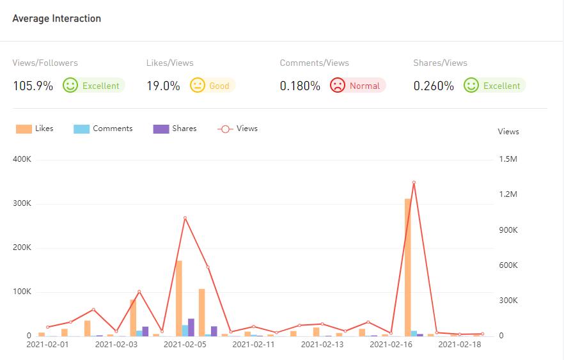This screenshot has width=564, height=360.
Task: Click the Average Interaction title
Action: pyautogui.click(x=56, y=19)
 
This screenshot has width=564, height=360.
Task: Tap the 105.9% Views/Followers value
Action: pyautogui.click(x=33, y=86)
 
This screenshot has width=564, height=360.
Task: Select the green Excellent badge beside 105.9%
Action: pyautogui.click(x=93, y=85)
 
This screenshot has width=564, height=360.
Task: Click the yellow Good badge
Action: pyautogui.click(x=212, y=85)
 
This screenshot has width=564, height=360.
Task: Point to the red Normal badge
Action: pyautogui.click(x=357, y=85)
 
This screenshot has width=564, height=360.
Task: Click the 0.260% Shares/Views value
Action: pyautogui.click(x=434, y=86)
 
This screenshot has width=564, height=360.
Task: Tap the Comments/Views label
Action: pyautogui.click(x=315, y=63)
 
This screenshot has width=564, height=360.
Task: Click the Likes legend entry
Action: pyautogui.click(x=35, y=129)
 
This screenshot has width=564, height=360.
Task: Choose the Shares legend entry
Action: pyautogui.click(x=175, y=129)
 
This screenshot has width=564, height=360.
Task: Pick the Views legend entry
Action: pyautogui.click(x=238, y=129)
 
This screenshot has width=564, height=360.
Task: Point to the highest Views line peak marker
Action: pyautogui.click(x=414, y=182)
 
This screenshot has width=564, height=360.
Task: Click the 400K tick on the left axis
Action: pyautogui.click(x=22, y=159)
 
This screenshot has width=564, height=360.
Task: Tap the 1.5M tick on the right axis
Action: pyautogui.click(x=508, y=159)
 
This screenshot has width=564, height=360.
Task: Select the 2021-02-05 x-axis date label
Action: pyautogui.click(x=185, y=345)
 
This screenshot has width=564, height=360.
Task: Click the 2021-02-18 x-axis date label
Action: pyautogui.click(x=459, y=345)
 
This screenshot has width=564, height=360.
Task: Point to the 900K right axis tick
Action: pyautogui.click(x=508, y=230)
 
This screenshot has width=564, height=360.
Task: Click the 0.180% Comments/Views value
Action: pyautogui.click(x=300, y=86)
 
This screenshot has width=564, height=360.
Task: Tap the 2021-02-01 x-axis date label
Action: pyautogui.click(x=47, y=345)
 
